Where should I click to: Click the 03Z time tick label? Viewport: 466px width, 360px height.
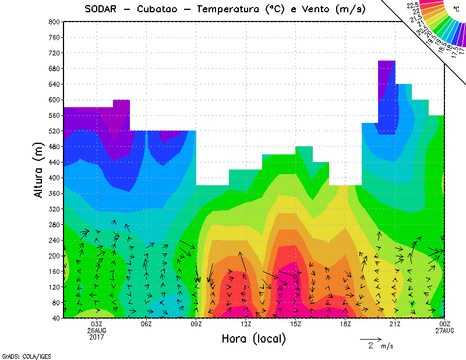[97, 324]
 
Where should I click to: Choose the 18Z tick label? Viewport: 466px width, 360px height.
[345, 324]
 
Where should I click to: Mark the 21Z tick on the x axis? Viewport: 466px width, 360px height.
[395, 324]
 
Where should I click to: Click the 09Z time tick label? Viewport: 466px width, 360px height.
[196, 324]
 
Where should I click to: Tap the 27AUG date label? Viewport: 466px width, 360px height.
[445, 330]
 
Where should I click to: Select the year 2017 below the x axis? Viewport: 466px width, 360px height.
[97, 337]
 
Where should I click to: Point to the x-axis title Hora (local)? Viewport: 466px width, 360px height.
[253, 338]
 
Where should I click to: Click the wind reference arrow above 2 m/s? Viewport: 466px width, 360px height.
[370, 338]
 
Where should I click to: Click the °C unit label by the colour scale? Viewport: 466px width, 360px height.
[457, 10]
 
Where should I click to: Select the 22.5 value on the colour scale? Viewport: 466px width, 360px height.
[413, 5]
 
